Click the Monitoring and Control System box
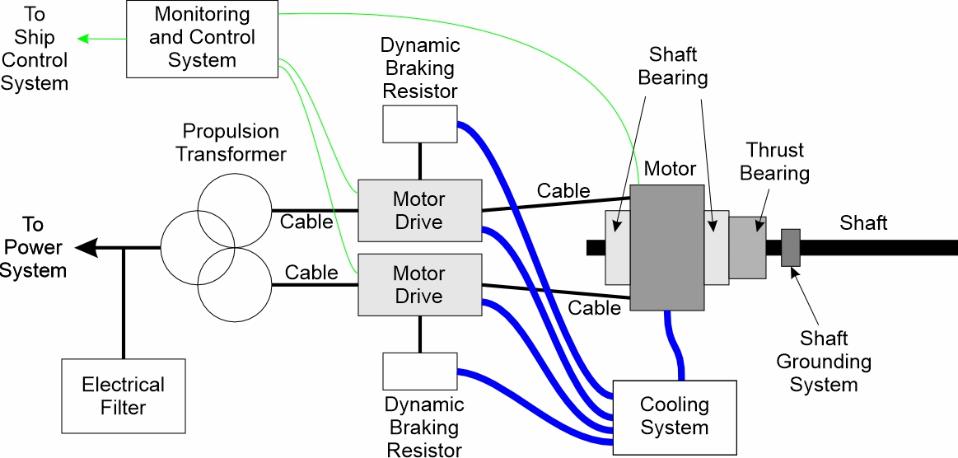201,38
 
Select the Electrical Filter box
123,395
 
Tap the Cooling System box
674,416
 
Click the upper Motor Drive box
419,210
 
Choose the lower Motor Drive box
419,284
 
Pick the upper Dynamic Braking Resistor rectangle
419,124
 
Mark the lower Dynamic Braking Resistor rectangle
419,371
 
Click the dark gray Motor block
666,247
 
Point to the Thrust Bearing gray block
747,247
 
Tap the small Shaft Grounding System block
790,248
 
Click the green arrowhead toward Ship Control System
82,38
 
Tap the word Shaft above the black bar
863,222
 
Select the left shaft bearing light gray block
617,247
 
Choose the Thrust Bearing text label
774,161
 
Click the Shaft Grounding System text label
824,362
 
